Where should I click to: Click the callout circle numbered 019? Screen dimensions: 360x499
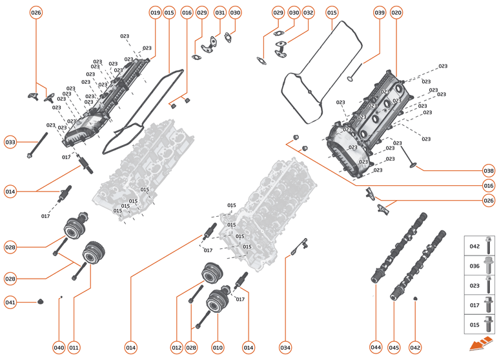pos(155,12)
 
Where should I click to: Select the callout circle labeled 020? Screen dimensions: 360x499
pos(396,12)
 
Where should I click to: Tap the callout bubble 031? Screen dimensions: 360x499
pos(219,12)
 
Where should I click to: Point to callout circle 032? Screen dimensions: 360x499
pos(308,12)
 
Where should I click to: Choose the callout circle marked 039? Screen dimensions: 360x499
pos(380,12)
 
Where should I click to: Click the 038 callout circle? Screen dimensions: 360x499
pos(489,171)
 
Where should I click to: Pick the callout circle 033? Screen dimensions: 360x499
pos(10,142)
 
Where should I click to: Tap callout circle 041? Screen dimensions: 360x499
pos(10,302)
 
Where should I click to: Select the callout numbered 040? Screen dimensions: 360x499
pos(59,348)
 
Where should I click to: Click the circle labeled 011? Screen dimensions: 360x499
pos(74,348)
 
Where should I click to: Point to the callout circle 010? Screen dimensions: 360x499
pos(218,348)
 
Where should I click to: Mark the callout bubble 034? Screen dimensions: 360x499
pos(285,348)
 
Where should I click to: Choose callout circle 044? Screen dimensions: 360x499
pos(376,348)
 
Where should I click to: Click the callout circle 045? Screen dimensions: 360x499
pos(394,348)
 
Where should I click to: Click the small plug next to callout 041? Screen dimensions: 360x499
pos(39,301)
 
